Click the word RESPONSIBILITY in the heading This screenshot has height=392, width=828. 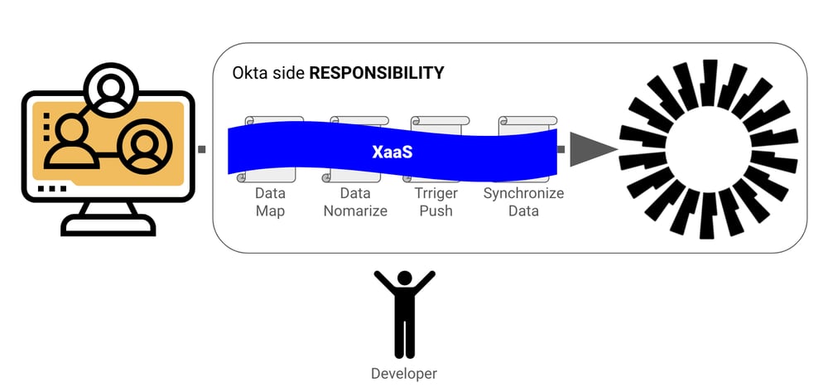click(x=377, y=73)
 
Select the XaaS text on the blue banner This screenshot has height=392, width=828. click(x=392, y=152)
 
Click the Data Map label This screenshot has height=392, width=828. click(x=271, y=202)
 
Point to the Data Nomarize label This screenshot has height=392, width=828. click(x=355, y=202)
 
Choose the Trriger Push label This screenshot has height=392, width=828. click(x=436, y=202)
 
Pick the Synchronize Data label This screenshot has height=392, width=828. click(x=523, y=202)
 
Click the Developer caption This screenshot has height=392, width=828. click(x=404, y=374)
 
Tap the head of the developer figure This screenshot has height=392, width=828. click(x=405, y=278)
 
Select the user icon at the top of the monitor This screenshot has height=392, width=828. click(x=111, y=89)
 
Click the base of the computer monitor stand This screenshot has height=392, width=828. click(x=108, y=227)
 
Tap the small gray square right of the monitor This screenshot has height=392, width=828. click(x=202, y=149)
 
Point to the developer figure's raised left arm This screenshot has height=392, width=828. click(x=384, y=282)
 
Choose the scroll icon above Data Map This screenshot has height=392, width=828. click(x=271, y=150)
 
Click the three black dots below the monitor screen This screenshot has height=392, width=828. click(x=52, y=189)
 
